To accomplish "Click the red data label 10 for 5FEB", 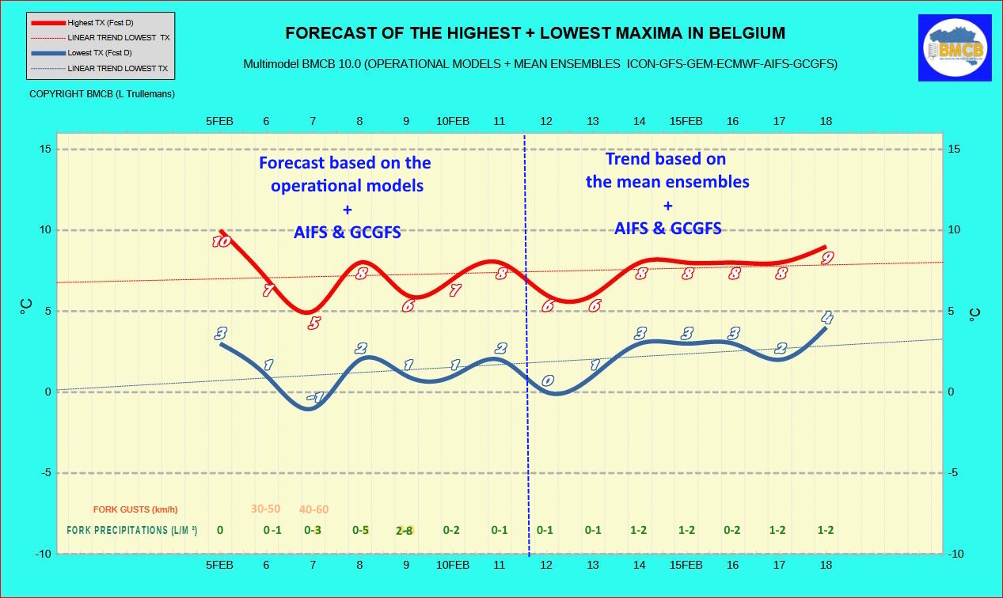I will click(x=221, y=241).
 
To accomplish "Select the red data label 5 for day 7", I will click(x=314, y=323).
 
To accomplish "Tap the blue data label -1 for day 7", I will click(x=315, y=397).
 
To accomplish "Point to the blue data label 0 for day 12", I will click(x=547, y=381).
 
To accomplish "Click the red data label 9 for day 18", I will click(x=827, y=258).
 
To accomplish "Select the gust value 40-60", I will click(x=313, y=509).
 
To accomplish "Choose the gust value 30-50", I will click(x=266, y=509).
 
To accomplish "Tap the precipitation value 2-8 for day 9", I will click(x=405, y=531).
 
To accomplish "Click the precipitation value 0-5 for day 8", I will click(x=360, y=530).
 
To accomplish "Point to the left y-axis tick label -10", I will click(x=43, y=554).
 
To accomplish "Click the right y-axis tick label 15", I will click(x=956, y=149).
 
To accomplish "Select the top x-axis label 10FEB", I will click(x=453, y=121).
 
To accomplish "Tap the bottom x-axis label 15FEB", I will click(x=686, y=565).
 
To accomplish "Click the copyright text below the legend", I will click(x=102, y=93).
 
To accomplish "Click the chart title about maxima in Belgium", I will click(x=535, y=33).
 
